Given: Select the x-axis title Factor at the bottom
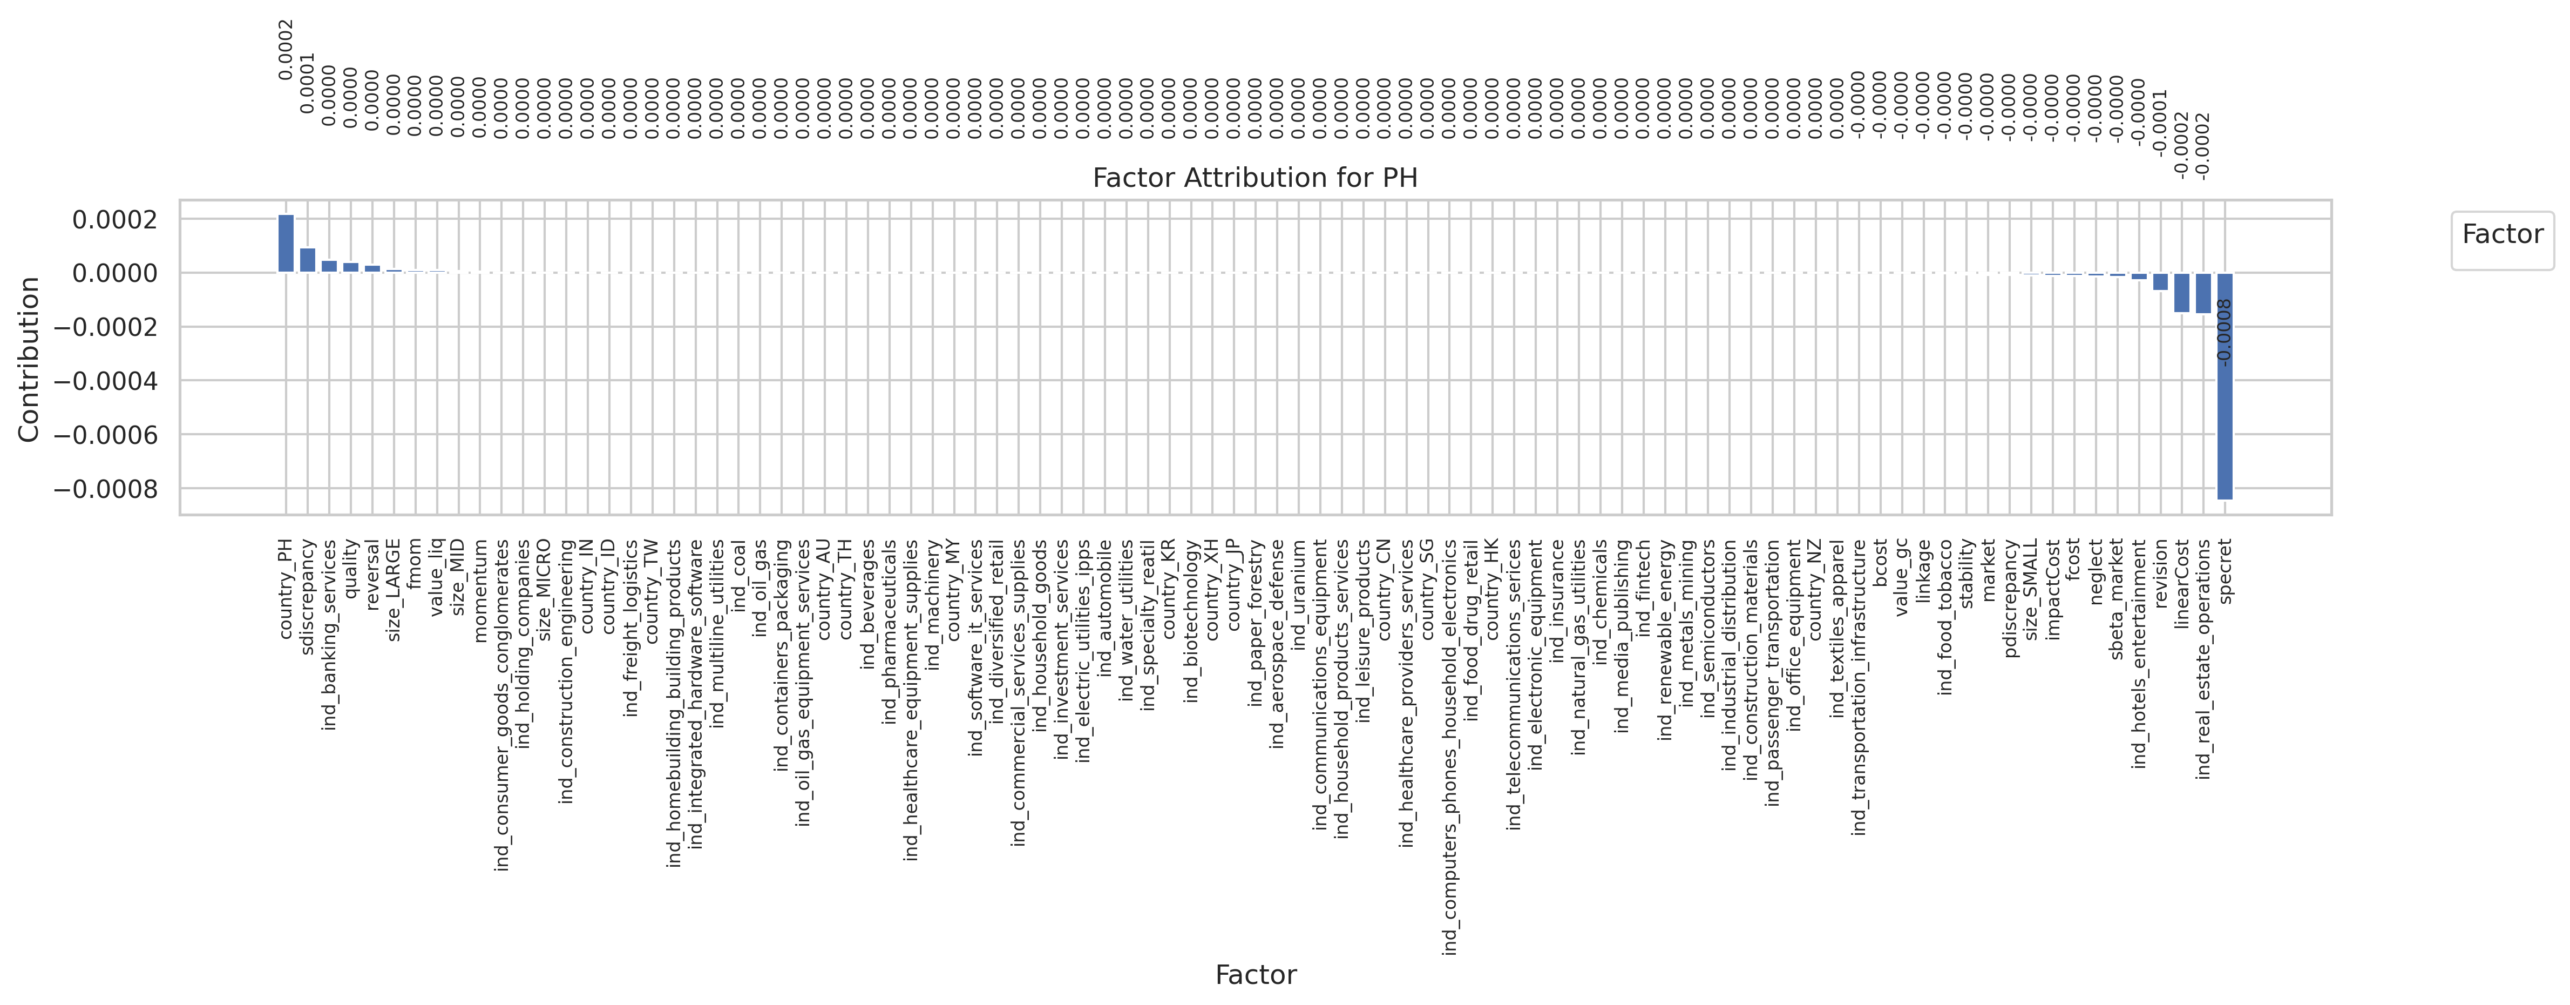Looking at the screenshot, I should coord(1255,975).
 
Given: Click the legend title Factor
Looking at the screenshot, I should coord(2502,234).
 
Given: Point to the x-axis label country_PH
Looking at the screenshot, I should coord(286,589).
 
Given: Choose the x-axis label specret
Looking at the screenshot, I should coord(2225,571).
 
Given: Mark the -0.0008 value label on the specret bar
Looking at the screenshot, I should coord(2224,332).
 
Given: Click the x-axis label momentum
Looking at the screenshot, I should coord(480,577).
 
